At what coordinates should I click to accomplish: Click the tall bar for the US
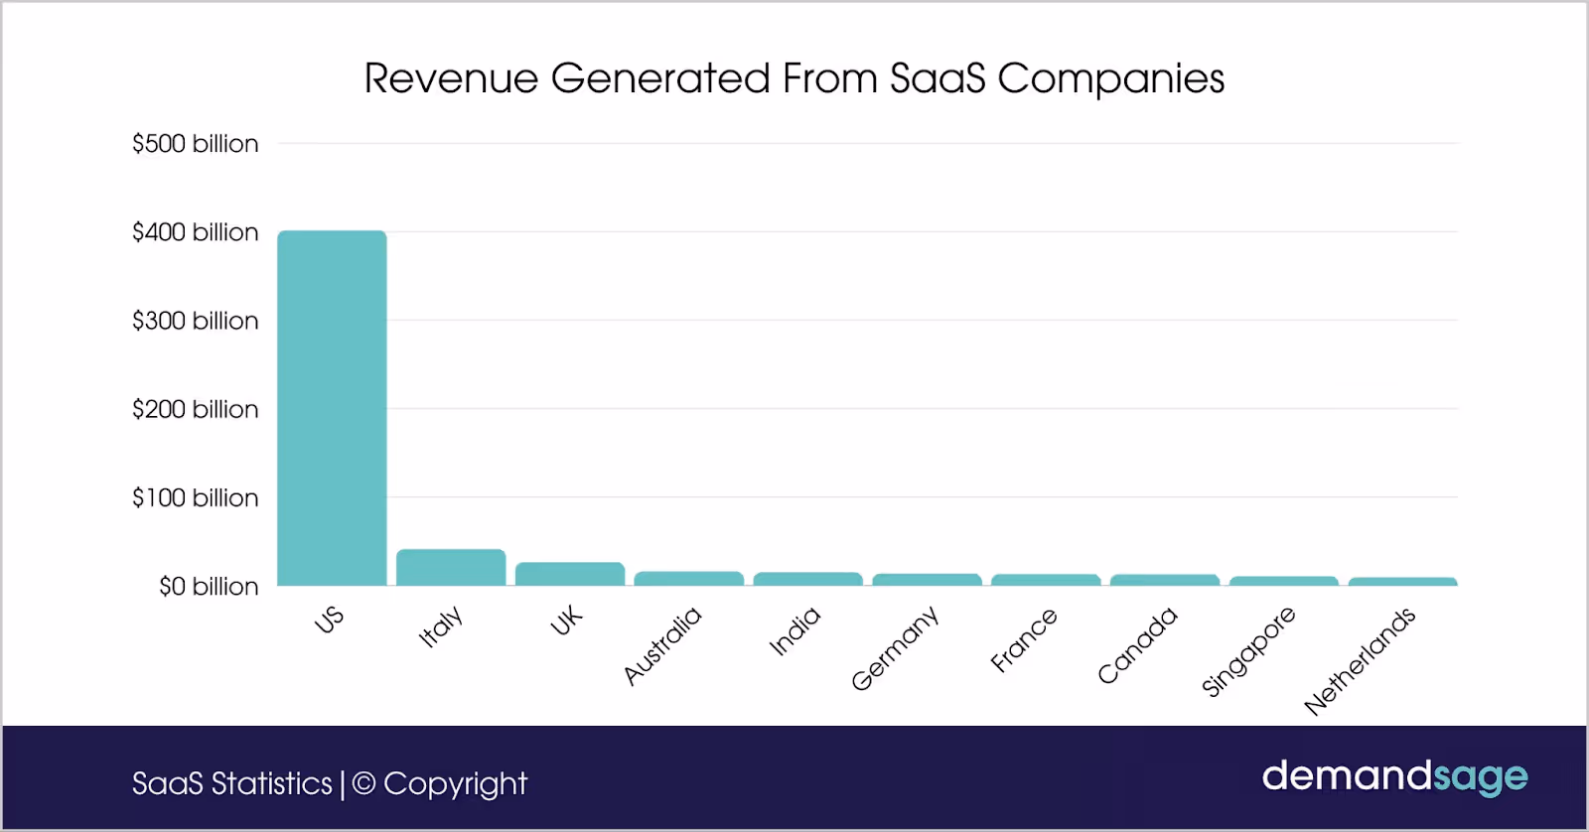332,407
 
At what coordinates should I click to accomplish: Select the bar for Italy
451,568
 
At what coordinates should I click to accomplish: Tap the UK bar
570,574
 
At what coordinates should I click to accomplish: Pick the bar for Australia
688,579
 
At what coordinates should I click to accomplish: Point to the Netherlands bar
1402,582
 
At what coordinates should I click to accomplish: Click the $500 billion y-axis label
195,144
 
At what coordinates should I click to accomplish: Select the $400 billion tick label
195,232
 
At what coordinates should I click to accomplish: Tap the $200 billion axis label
195,409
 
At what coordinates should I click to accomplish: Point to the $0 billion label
209,587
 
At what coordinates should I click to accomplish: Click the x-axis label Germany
895,648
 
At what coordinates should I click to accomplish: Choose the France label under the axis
1024,641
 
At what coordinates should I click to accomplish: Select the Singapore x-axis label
1248,651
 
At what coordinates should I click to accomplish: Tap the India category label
794,631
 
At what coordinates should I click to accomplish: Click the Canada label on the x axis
1137,645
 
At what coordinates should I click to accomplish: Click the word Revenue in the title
451,78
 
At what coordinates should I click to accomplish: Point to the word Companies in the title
1110,78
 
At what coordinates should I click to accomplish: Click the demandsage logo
1394,776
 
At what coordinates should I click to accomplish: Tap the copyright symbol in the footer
364,783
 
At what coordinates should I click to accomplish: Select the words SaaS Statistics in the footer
232,783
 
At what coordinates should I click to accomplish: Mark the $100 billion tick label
195,497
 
